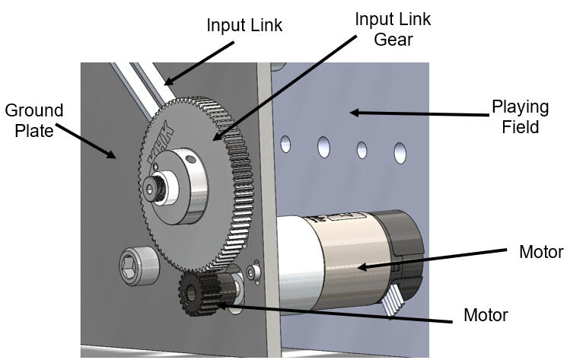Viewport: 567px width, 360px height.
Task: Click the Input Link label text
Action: (x=244, y=25)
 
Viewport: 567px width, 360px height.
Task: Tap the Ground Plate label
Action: (x=33, y=120)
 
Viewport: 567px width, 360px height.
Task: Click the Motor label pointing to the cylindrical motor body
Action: (x=540, y=252)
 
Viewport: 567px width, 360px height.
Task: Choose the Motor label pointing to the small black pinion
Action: (x=486, y=315)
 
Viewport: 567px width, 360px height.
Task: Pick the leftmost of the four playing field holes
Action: (x=286, y=142)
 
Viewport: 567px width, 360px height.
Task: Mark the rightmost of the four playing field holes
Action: (x=400, y=152)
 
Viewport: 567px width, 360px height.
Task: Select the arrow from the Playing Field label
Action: (x=418, y=114)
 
